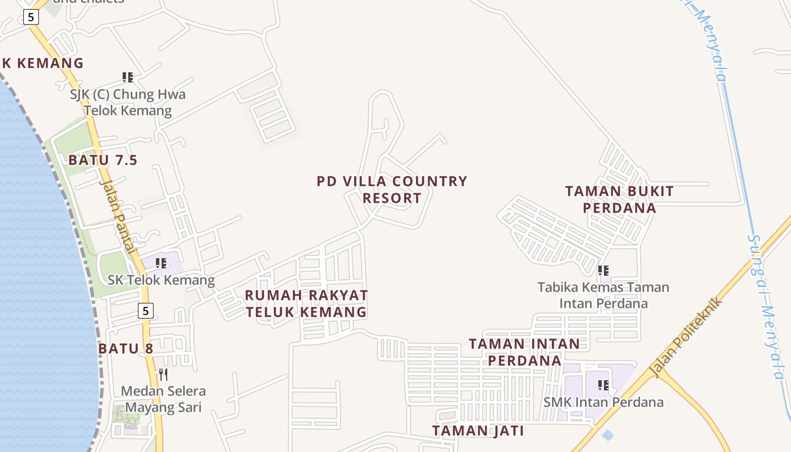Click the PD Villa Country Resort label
pyautogui.click(x=392, y=189)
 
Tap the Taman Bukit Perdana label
pyautogui.click(x=619, y=199)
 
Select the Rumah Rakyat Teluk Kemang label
pyautogui.click(x=306, y=303)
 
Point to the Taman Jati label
pyautogui.click(x=478, y=431)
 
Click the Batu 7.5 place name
pyautogui.click(x=103, y=160)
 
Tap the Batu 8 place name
pyautogui.click(x=125, y=348)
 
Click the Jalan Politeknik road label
pyautogui.click(x=686, y=337)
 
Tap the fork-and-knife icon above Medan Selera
pyautogui.click(x=163, y=374)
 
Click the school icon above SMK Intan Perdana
pyautogui.click(x=603, y=385)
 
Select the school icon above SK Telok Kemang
pyautogui.click(x=161, y=263)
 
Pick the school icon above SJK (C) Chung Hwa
pyautogui.click(x=128, y=77)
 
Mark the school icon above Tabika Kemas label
pyautogui.click(x=603, y=271)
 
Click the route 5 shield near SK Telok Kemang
pyautogui.click(x=146, y=310)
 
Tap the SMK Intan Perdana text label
pyautogui.click(x=603, y=402)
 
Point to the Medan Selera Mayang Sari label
pyautogui.click(x=163, y=399)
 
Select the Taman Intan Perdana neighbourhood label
pyautogui.click(x=524, y=351)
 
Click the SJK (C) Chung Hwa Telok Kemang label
pyautogui.click(x=128, y=102)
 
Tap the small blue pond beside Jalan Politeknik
pyautogui.click(x=608, y=435)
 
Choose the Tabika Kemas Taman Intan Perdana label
pyautogui.click(x=603, y=295)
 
